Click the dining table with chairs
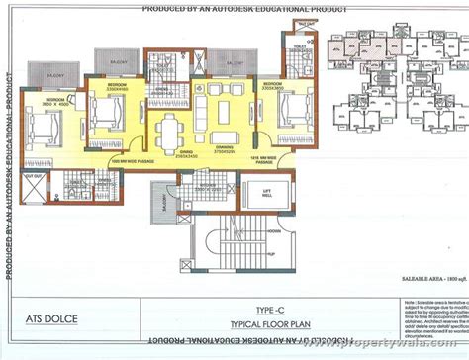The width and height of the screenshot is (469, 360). click(x=174, y=130)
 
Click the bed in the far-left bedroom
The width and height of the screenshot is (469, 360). click(x=43, y=127)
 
